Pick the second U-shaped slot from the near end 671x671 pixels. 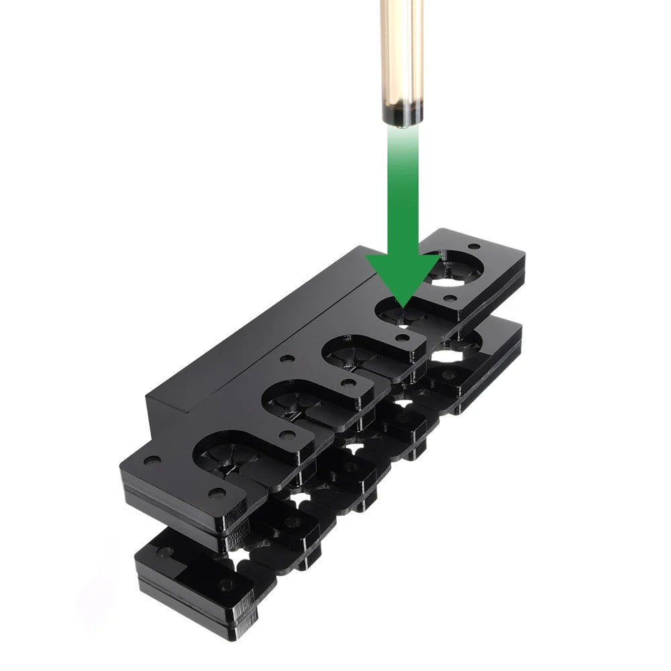pyautogui.click(x=295, y=403)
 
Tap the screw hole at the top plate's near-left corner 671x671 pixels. pyautogui.click(x=152, y=461)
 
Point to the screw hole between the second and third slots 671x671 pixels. pyautogui.click(x=348, y=384)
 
